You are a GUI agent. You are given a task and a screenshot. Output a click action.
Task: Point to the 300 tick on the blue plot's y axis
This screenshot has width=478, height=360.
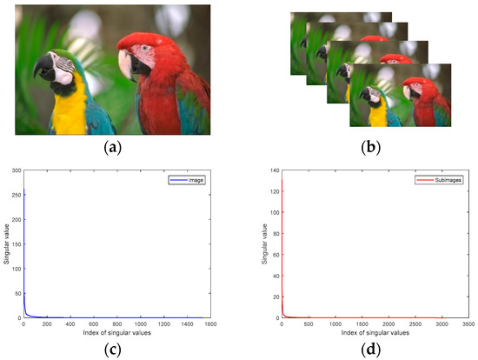[16, 173]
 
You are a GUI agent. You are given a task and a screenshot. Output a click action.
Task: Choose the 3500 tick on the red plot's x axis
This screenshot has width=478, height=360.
[461, 323]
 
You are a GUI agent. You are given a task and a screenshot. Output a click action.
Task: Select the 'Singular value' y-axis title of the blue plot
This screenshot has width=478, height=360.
[6, 246]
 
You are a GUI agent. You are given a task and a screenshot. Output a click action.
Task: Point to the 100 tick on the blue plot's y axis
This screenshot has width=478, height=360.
[16, 270]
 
